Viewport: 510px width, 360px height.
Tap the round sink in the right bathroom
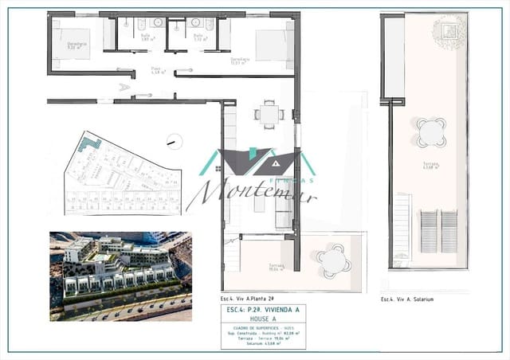(x=195, y=24)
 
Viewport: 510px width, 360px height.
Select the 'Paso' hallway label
(x=156, y=69)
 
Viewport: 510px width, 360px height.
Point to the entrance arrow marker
(x=124, y=87)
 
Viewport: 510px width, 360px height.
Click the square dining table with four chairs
(x=269, y=114)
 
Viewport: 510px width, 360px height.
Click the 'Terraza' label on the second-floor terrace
(x=275, y=267)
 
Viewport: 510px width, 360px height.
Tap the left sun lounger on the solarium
(x=428, y=230)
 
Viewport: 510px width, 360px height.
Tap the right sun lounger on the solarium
(x=449, y=230)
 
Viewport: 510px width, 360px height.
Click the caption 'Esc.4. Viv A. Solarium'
(x=406, y=299)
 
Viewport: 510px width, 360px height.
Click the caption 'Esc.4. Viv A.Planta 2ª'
(x=248, y=299)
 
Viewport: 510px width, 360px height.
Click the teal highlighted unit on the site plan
(x=92, y=145)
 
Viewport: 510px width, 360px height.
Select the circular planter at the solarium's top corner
(x=448, y=30)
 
